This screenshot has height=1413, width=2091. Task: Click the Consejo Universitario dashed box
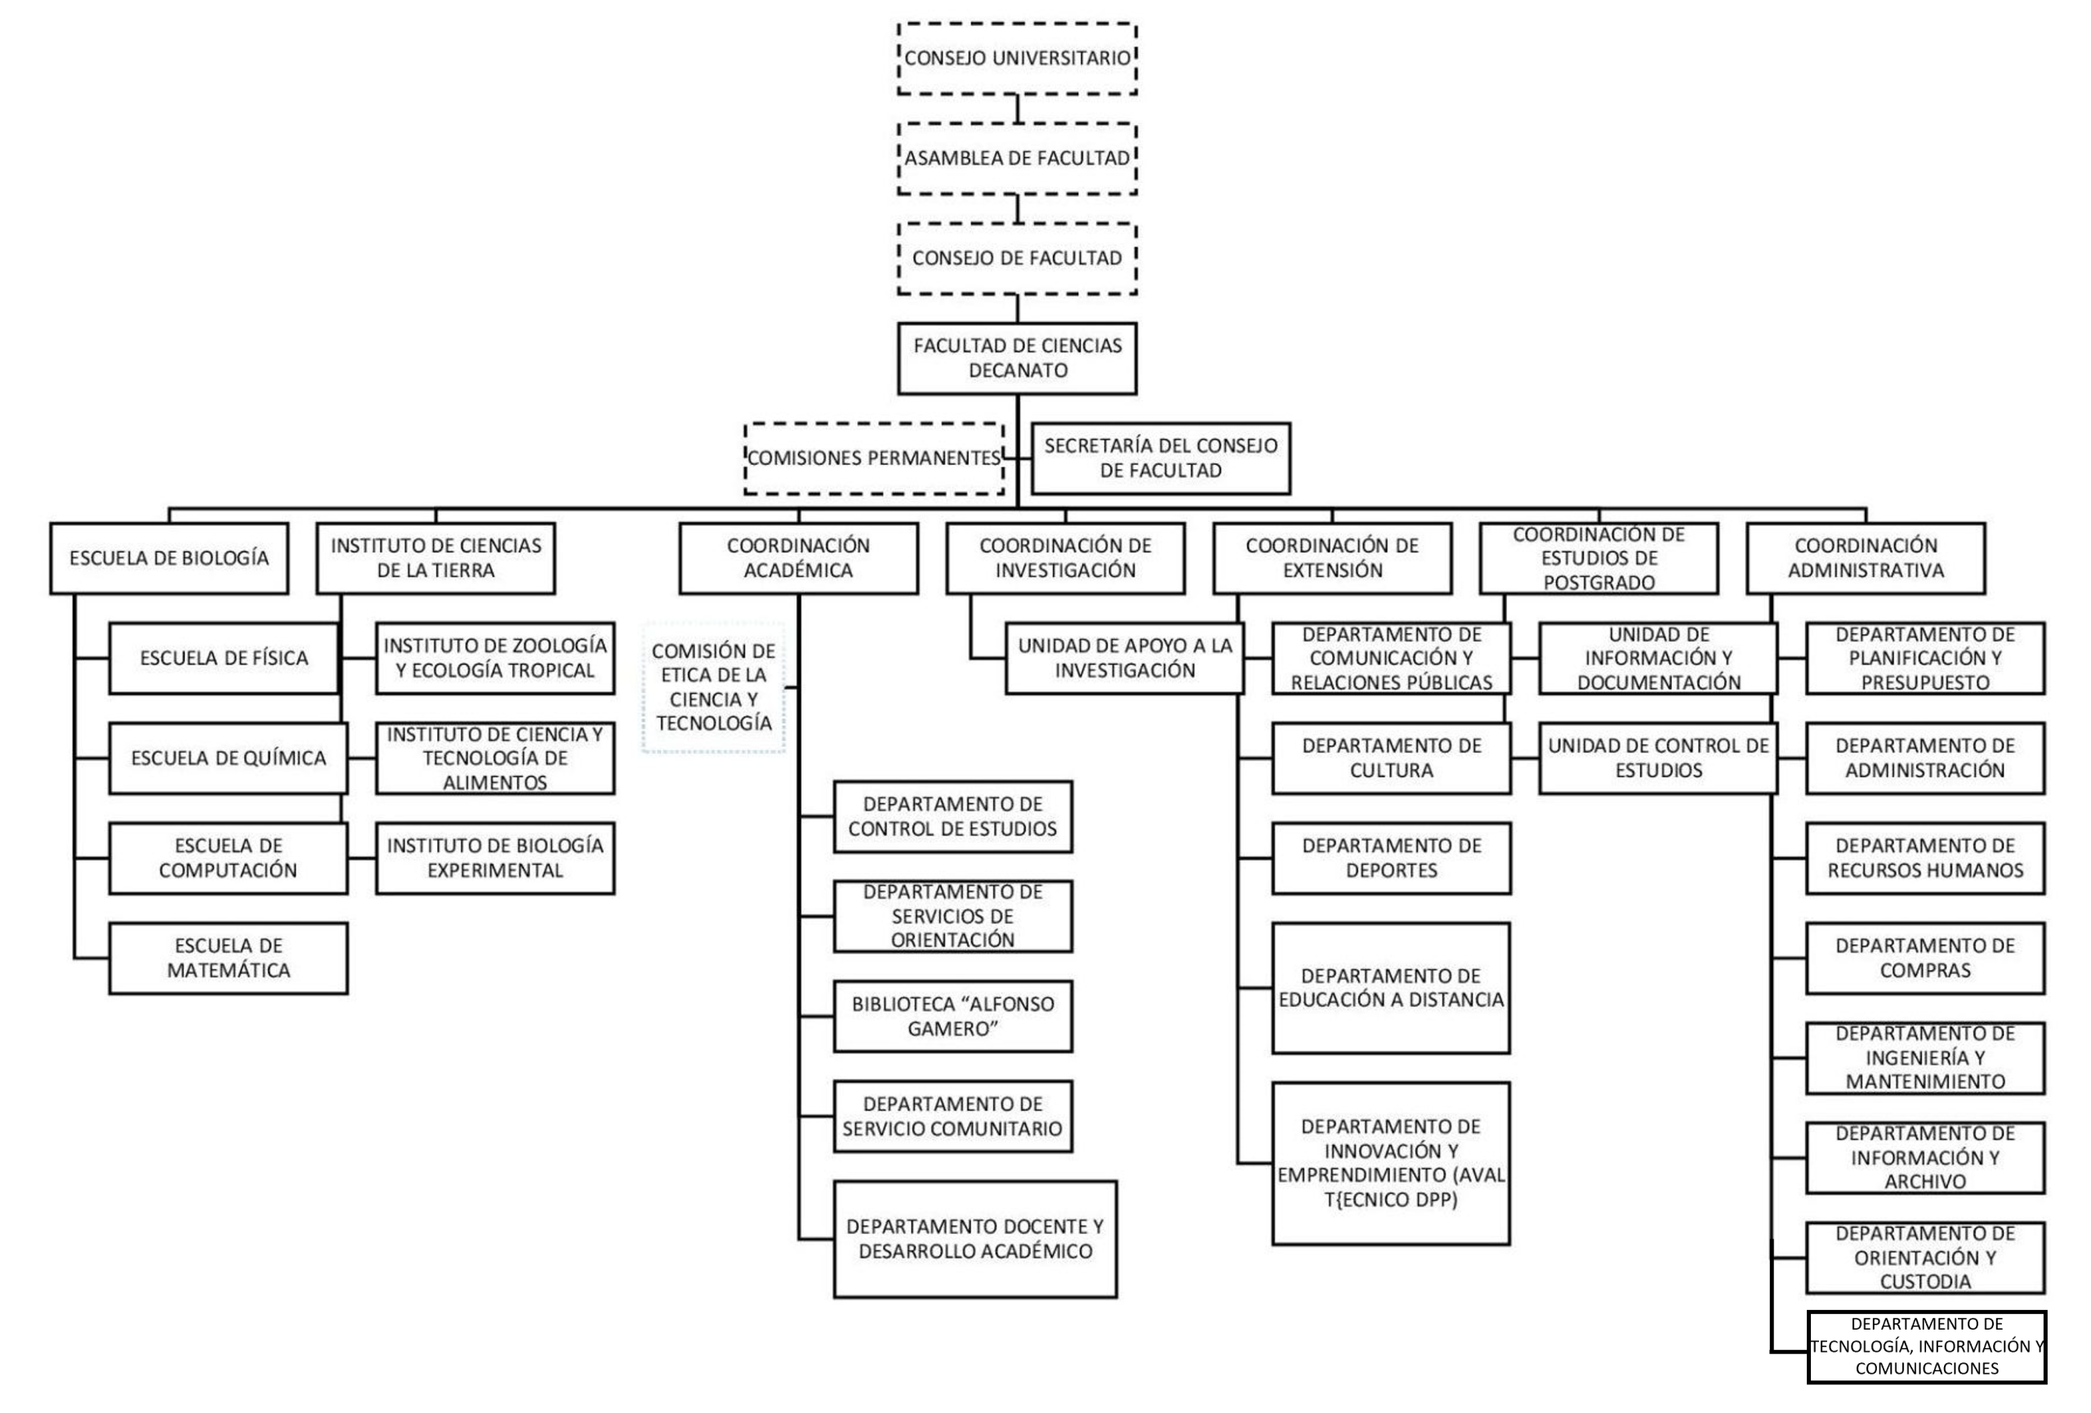[1017, 59]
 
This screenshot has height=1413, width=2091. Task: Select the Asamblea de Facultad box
[1017, 159]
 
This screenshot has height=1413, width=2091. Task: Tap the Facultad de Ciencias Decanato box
[1017, 358]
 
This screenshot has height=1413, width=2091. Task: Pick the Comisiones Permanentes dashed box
[874, 458]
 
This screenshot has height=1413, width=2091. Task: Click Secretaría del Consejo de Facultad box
[1160, 458]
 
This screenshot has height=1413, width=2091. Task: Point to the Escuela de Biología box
[169, 558]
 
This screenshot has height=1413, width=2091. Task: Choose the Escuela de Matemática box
[229, 958]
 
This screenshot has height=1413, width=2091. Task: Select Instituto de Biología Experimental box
[495, 858]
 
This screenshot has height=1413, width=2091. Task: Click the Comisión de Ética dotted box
[714, 686]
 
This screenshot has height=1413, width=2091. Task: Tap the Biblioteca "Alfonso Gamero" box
[953, 1016]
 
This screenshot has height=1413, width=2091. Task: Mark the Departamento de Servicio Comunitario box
[953, 1116]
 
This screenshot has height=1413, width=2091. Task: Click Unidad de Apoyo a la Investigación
[1125, 658]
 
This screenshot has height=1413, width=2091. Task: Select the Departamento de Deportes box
[1391, 858]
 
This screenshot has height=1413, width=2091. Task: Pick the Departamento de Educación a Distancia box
[1391, 987]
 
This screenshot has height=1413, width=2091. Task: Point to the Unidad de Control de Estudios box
[1658, 758]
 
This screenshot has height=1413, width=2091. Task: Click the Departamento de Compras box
[1925, 958]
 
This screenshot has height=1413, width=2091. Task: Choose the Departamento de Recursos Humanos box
[1925, 858]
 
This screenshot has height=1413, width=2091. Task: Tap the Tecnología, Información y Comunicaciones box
[1926, 1347]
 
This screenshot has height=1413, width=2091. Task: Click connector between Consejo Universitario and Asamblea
[1018, 109]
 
